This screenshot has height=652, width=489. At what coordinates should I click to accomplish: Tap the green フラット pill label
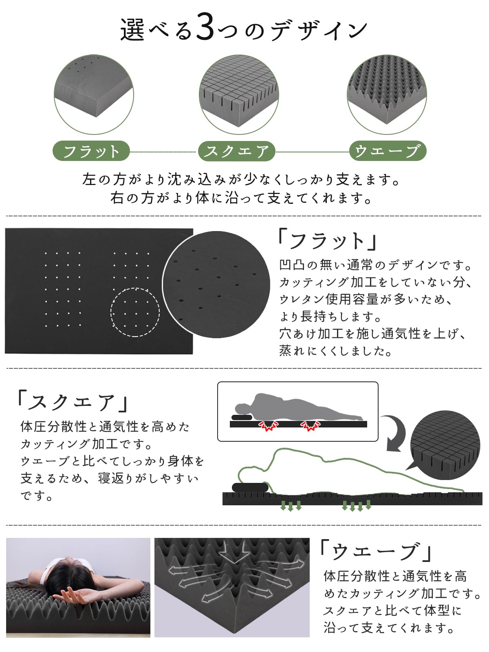click(x=91, y=152)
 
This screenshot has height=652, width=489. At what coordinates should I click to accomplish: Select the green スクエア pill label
click(x=236, y=152)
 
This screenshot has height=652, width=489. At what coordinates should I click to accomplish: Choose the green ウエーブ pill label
click(x=388, y=152)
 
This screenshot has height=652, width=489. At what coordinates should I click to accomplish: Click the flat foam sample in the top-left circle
click(x=94, y=90)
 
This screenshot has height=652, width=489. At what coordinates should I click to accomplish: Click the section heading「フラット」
click(x=328, y=240)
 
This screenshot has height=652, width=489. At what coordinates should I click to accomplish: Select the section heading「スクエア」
click(x=73, y=402)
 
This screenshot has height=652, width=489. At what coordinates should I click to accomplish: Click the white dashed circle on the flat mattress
click(x=135, y=312)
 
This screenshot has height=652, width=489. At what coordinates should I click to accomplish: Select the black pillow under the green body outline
click(x=250, y=487)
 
